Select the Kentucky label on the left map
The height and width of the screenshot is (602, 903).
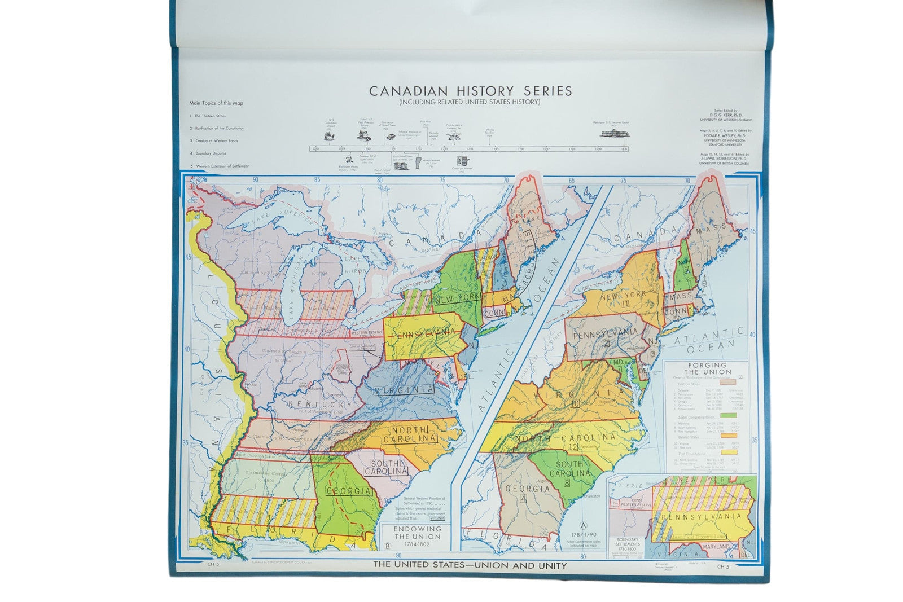(319, 405)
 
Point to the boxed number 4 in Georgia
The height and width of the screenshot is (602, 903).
(524, 499)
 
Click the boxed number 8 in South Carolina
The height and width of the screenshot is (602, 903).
(567, 482)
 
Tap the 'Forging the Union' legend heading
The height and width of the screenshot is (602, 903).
(707, 368)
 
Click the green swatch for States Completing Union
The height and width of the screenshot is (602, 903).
(728, 415)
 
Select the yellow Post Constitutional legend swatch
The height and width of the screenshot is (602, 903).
(728, 452)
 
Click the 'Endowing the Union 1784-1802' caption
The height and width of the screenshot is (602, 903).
(417, 533)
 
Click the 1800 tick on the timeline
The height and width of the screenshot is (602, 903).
(624, 149)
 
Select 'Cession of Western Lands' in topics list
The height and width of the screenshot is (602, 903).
(214, 140)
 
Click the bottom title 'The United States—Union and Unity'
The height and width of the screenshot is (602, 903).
(470, 565)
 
